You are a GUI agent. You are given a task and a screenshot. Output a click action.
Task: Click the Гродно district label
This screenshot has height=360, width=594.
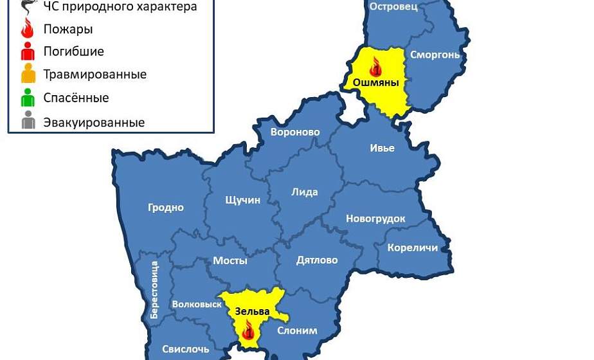click(x=166, y=208)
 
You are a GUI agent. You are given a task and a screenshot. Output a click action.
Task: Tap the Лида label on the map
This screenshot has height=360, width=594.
click(x=305, y=192)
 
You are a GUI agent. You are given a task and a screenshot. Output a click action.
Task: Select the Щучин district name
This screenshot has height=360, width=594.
click(x=243, y=200)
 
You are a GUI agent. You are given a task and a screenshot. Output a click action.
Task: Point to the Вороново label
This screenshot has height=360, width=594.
click(x=296, y=132)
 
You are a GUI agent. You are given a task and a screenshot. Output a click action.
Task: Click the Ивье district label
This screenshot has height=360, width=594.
click(x=382, y=147)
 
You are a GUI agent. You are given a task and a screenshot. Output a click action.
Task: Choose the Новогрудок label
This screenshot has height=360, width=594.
click(x=375, y=219)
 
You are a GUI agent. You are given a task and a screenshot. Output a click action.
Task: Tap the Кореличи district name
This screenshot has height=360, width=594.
click(x=412, y=248)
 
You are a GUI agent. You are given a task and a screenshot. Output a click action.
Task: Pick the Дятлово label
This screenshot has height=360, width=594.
click(x=317, y=260)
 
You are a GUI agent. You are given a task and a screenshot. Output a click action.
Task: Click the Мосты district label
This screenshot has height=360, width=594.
click(x=230, y=260)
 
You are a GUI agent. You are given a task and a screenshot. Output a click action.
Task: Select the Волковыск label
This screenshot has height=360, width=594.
click(x=197, y=304)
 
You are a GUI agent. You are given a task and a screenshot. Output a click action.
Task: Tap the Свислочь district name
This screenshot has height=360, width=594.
click(x=185, y=349)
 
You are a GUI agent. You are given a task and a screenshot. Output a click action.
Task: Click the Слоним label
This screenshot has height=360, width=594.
click(x=297, y=331)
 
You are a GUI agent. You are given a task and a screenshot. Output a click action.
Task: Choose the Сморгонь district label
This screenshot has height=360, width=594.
click(x=435, y=55)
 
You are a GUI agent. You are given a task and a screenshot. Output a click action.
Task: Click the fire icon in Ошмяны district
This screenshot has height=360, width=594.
click(x=375, y=66)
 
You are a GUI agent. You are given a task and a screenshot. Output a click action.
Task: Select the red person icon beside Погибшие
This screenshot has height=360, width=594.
click(x=28, y=51)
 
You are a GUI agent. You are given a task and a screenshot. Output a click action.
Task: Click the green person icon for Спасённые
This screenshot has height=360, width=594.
click(x=28, y=98)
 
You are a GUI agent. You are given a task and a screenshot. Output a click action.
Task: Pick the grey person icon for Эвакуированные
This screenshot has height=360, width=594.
click(x=28, y=122)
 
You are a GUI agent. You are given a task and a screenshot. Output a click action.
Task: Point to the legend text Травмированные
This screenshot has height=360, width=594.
click(x=95, y=74)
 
